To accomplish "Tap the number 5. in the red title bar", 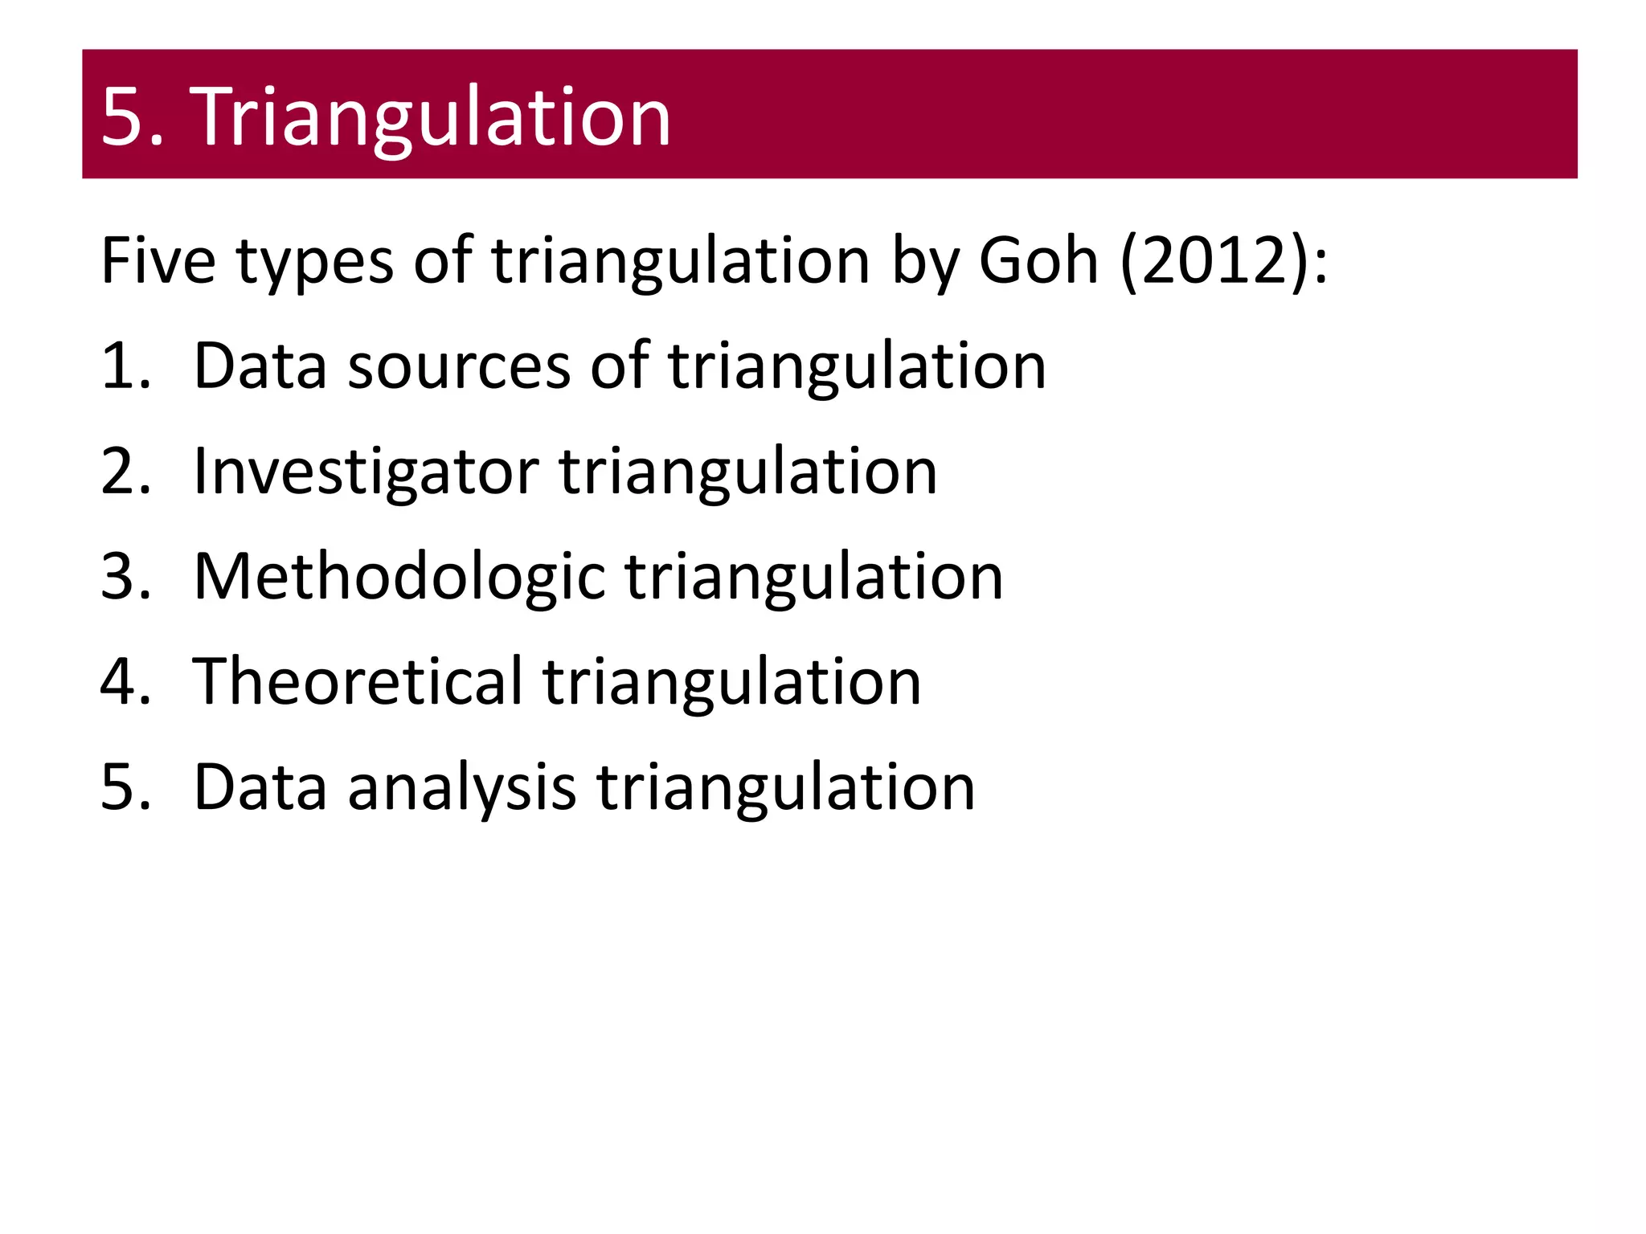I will (133, 117).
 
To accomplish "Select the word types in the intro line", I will (314, 261).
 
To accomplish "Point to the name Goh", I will (1038, 261).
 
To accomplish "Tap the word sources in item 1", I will (458, 366).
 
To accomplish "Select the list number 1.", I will (125, 366).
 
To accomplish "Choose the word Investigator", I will (366, 472).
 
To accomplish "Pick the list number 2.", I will (125, 472).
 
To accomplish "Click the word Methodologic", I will (399, 577).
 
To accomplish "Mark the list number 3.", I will (125, 577).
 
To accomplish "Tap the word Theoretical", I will (358, 682).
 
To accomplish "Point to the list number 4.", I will (125, 682).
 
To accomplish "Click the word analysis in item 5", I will (461, 787).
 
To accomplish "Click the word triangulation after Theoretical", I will (731, 682).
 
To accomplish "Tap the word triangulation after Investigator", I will (747, 472).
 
